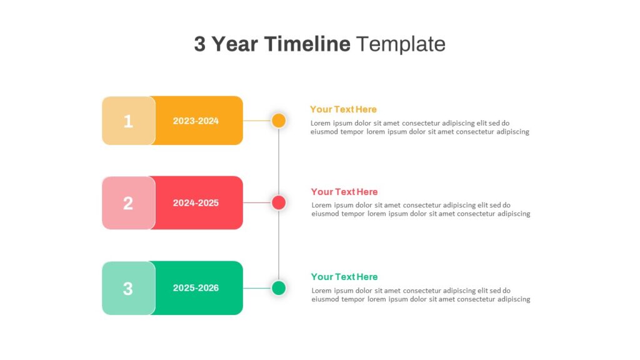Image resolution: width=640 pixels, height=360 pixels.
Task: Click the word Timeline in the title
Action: coord(307,44)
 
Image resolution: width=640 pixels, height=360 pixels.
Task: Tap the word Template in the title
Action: coord(401,44)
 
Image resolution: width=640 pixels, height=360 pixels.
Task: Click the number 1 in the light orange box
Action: coord(128,121)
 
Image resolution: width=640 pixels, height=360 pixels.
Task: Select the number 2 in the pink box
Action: coord(128,203)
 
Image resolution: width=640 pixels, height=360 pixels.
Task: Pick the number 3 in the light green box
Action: coord(128,289)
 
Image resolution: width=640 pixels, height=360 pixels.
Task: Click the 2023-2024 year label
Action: coord(196,121)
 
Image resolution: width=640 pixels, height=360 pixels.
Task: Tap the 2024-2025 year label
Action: coord(196,203)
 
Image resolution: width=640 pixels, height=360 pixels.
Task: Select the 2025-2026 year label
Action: coord(196,287)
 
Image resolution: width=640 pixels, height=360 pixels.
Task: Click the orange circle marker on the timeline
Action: coord(279,121)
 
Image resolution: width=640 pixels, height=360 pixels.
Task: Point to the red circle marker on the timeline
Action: coord(279,202)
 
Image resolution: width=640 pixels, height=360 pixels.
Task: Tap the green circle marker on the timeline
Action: coord(279,287)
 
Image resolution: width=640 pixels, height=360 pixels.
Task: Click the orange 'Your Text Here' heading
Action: coord(343,109)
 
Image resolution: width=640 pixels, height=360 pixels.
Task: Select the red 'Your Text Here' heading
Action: coord(344,192)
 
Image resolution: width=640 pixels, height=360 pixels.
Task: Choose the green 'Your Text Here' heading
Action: coord(344,277)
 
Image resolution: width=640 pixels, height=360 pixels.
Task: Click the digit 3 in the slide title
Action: coord(199,44)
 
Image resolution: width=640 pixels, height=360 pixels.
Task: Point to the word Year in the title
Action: coord(235,44)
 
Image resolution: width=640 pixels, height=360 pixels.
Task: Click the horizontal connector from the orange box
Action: coord(257,121)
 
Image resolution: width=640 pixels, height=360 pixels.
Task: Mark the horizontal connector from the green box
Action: coord(257,288)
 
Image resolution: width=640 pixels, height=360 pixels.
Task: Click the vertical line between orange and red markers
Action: coord(279,162)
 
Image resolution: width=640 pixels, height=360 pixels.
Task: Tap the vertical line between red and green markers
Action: coord(279,245)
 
